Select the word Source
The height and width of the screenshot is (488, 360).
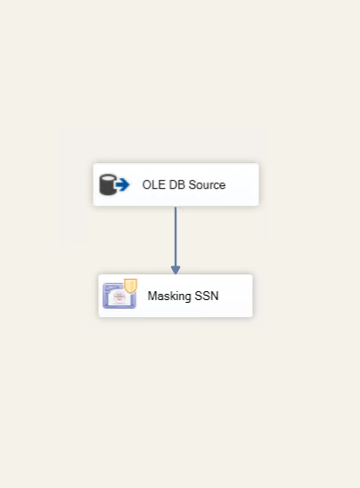[x=207, y=184]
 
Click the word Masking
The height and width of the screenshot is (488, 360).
[x=169, y=297]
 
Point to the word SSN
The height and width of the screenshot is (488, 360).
[x=207, y=296]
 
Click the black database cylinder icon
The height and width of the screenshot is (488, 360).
[x=108, y=184]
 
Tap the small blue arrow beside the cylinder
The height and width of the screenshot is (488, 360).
[x=122, y=184]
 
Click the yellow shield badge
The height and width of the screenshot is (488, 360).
[x=130, y=286]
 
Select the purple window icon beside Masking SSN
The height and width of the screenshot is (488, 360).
[x=119, y=296]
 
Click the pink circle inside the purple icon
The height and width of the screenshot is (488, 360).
[x=119, y=297]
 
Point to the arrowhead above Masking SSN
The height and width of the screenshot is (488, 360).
[x=176, y=270]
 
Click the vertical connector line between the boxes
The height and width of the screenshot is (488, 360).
[x=176, y=237]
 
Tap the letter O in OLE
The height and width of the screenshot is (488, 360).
[x=146, y=184]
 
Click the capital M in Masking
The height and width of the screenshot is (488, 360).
[x=152, y=296]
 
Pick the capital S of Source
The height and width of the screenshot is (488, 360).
[x=192, y=184]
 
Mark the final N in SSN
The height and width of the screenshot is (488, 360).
[x=215, y=296]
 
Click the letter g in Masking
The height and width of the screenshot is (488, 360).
[x=187, y=297]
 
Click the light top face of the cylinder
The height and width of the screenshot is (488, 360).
[x=108, y=178]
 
